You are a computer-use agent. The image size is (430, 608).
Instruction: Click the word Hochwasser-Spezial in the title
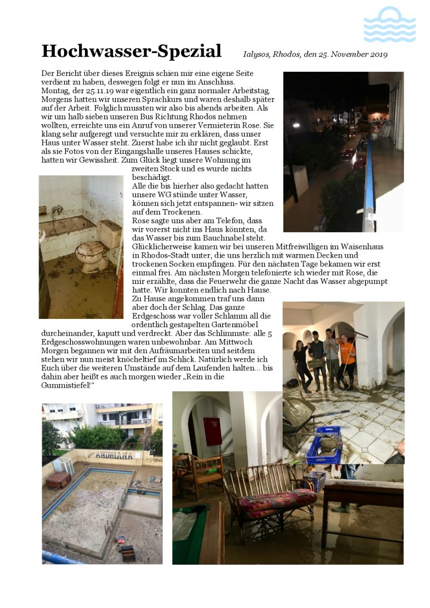click(x=131, y=51)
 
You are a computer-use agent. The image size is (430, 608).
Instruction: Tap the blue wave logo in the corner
click(x=389, y=25)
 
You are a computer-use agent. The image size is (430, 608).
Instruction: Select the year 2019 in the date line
click(x=377, y=55)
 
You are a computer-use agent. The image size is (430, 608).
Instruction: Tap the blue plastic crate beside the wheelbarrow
click(x=324, y=445)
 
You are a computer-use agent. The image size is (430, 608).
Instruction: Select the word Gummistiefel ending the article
click(x=67, y=386)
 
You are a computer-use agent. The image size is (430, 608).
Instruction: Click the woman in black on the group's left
click(x=302, y=363)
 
